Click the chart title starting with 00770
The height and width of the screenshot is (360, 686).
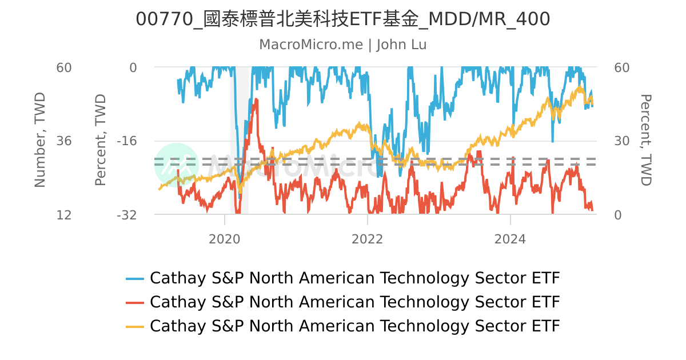(343, 19)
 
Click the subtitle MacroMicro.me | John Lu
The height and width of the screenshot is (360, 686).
(343, 45)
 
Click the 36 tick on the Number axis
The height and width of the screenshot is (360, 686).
(63, 141)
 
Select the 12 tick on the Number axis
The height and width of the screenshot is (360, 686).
(63, 215)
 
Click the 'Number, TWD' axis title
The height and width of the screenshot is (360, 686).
(39, 141)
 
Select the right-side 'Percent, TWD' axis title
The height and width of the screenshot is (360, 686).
(645, 141)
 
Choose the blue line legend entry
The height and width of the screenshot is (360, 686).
(343, 278)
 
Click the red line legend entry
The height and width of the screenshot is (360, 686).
(343, 302)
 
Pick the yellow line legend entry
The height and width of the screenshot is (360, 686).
(343, 326)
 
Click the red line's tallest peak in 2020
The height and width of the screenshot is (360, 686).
(257, 101)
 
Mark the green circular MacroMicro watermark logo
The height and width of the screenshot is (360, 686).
(177, 165)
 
